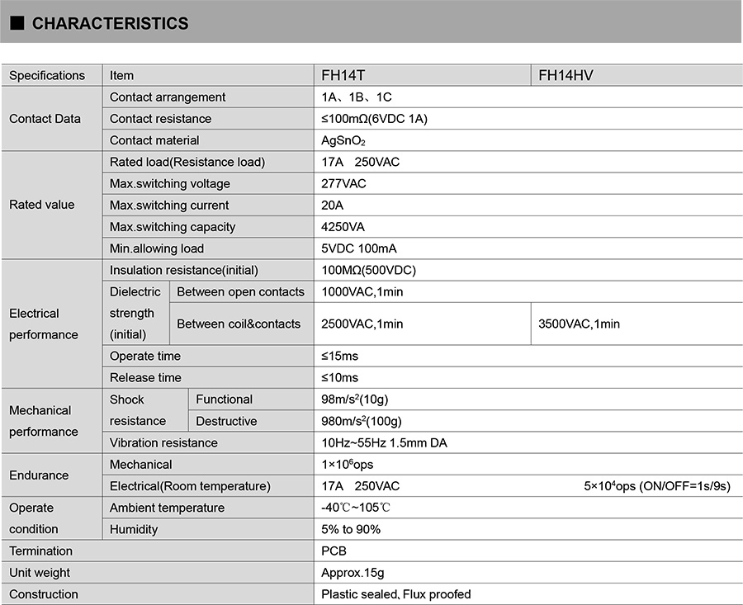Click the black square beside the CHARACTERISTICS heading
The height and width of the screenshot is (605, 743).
(16, 23)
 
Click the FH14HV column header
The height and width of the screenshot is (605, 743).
(566, 75)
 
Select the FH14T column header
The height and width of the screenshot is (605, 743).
(343, 75)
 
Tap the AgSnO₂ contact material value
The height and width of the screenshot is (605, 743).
(343, 140)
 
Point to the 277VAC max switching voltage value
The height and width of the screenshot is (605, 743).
(343, 183)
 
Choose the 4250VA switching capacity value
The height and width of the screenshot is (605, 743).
(343, 227)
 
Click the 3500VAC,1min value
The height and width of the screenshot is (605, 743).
(579, 324)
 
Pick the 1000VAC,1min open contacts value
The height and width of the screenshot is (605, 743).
(362, 291)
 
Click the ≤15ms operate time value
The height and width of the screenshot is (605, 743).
(339, 356)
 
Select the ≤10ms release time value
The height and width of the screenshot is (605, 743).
(339, 377)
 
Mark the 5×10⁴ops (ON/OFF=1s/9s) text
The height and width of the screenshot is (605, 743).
(656, 486)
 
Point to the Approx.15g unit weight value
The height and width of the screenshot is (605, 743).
(353, 573)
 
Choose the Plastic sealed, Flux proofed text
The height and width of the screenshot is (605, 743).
(395, 594)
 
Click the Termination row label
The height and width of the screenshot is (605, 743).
(40, 551)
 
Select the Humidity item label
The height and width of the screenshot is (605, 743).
(134, 529)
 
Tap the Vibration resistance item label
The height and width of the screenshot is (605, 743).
(163, 442)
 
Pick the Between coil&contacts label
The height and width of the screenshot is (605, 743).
(239, 324)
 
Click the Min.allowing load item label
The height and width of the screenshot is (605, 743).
(157, 248)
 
